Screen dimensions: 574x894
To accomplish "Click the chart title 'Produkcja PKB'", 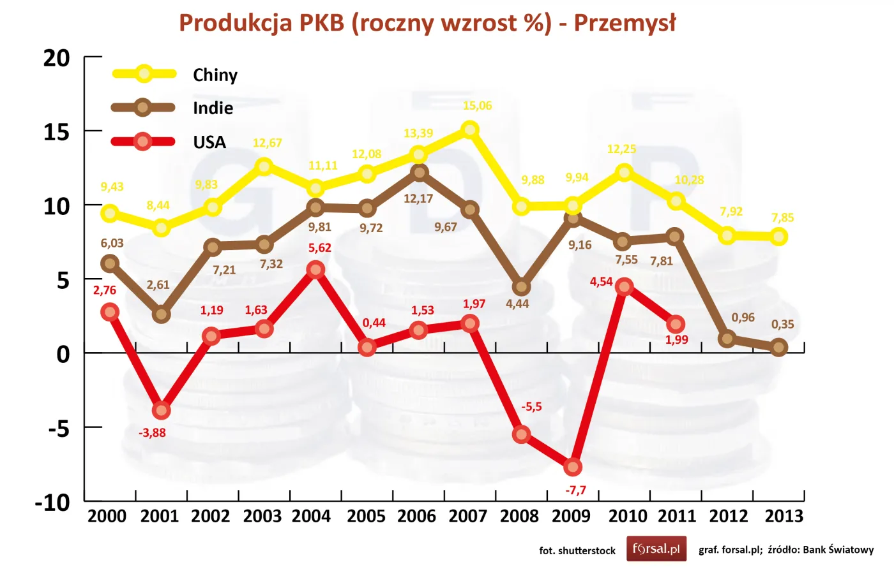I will click(x=427, y=23).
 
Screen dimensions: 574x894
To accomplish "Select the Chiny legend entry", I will click(x=215, y=75).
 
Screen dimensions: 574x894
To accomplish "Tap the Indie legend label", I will click(x=213, y=108).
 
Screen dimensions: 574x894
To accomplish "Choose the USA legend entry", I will click(x=209, y=142).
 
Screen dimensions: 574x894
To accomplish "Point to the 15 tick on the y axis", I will click(x=56, y=132).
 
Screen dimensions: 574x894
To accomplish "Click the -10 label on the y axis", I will click(x=52, y=503).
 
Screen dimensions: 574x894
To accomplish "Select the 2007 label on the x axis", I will click(x=467, y=516).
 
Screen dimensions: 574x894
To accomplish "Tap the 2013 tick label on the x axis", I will click(x=784, y=516).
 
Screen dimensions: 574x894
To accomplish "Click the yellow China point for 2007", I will click(x=470, y=129).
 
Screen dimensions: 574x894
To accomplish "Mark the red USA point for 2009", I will click(x=573, y=467).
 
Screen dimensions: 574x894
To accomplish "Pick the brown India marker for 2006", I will click(x=419, y=172).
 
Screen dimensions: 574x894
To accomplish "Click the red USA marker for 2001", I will click(x=161, y=410).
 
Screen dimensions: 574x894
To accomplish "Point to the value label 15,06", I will click(x=477, y=106).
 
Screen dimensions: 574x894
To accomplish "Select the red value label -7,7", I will click(x=575, y=490).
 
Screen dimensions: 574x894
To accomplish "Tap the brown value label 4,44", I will click(x=517, y=304).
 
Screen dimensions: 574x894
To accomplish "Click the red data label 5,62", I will click(x=319, y=248).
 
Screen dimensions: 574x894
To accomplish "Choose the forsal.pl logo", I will click(x=656, y=548).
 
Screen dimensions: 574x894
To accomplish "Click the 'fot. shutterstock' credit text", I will click(x=577, y=550).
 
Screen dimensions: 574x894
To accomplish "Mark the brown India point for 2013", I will click(x=778, y=348).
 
